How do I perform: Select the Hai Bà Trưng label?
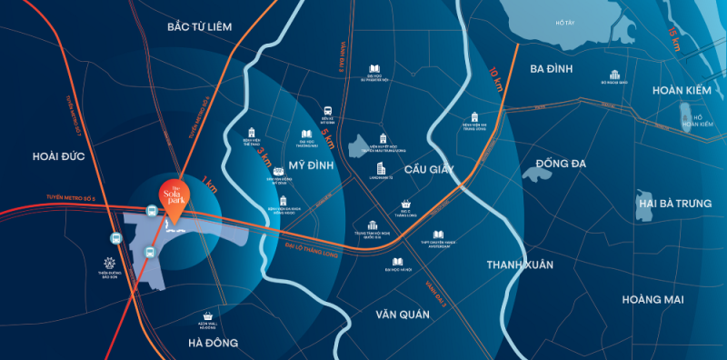tap(675, 203)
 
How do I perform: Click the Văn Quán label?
tap(401, 314)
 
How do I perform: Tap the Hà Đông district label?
tap(214, 343)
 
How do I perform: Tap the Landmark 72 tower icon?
tap(381, 170)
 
